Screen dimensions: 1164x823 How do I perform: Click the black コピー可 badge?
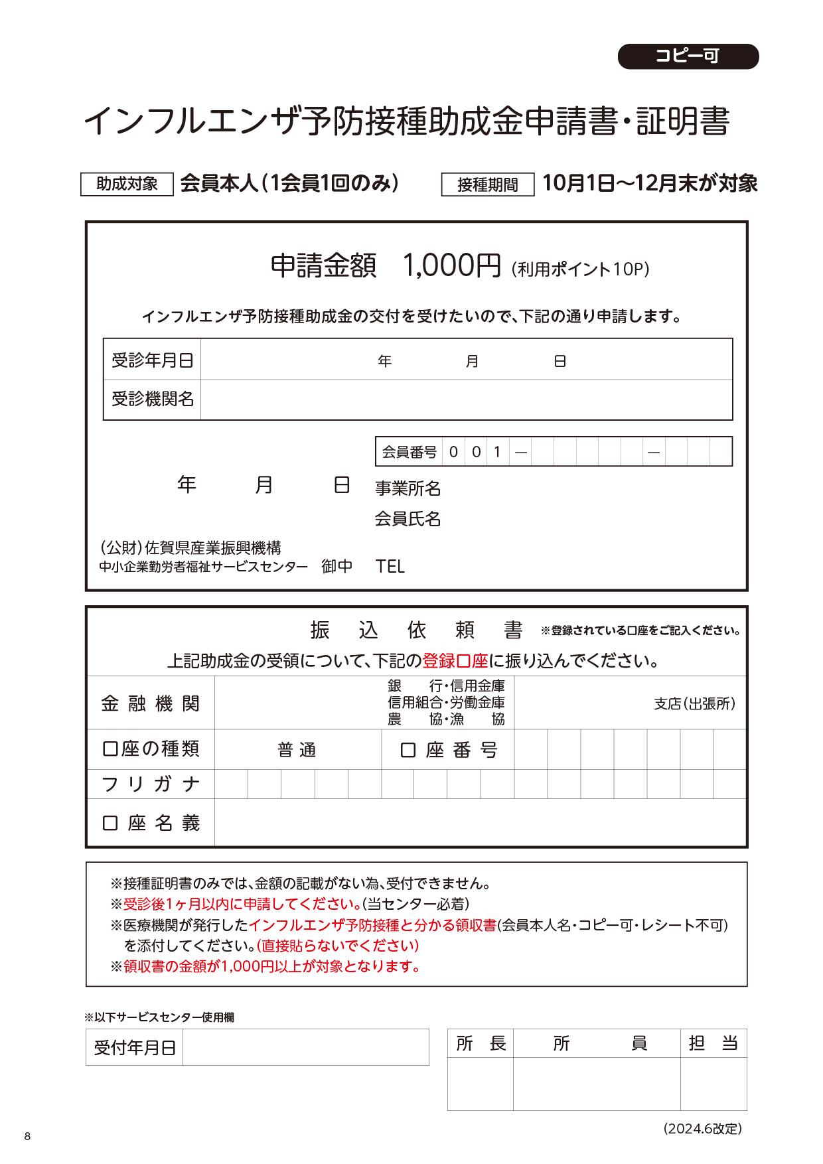coord(688,56)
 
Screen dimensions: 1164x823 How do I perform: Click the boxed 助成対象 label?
coord(127,184)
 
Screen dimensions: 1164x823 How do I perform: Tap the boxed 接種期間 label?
coord(488,184)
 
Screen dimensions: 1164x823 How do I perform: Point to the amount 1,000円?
coord(452,266)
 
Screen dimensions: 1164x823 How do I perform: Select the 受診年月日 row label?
coord(152,360)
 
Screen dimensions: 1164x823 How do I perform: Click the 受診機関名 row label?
coord(152,399)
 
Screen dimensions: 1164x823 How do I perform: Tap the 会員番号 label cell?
coord(409,452)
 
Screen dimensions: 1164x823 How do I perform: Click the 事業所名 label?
coord(408,489)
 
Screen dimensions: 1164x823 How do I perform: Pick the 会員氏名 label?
coord(408,519)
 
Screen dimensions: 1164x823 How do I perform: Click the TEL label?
coord(390,566)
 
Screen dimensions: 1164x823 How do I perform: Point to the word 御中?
coord(337,566)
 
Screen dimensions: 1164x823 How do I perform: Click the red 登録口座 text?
coord(455,661)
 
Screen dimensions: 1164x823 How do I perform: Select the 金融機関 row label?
coord(151,703)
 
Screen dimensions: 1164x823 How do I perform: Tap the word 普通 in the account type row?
coord(297,751)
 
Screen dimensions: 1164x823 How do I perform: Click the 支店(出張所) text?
coord(694,703)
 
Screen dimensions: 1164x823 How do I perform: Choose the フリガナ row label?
coord(151,784)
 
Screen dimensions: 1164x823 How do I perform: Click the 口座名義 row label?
coord(151,824)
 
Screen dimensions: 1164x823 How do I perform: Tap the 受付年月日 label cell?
coord(135,1048)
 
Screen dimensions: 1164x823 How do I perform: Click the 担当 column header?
coord(713,1043)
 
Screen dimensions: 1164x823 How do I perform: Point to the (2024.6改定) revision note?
coord(702,1128)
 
